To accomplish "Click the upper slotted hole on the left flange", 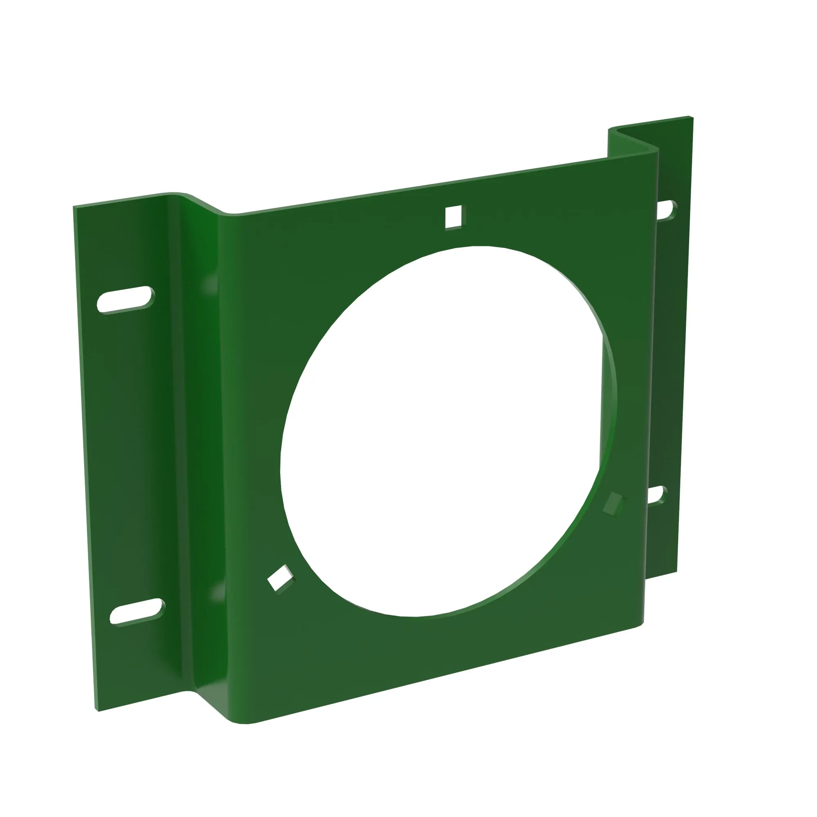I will click(x=126, y=300).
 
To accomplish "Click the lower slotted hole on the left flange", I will click(x=137, y=611).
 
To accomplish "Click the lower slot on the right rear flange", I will click(x=658, y=496).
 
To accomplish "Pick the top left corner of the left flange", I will click(x=74, y=207).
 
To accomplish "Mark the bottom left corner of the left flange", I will click(x=98, y=710).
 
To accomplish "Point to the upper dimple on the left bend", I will click(x=210, y=284).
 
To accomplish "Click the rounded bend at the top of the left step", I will click(x=178, y=196).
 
